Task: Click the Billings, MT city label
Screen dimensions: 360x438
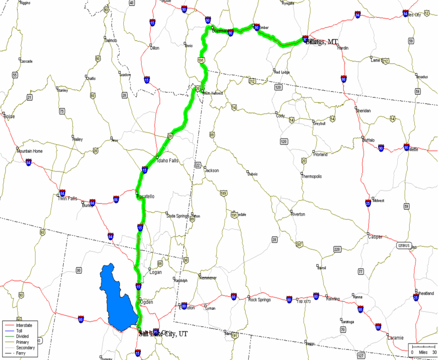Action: [322, 42]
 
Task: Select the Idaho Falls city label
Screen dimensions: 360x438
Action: [168, 161]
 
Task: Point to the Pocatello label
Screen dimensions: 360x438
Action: [146, 196]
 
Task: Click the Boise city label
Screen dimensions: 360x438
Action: [9, 116]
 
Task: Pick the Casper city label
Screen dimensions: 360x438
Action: [375, 237]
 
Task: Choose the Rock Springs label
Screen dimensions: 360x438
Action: [259, 300]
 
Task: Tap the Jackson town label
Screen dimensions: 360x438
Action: [212, 171]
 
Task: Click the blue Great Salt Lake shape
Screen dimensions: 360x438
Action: [118, 300]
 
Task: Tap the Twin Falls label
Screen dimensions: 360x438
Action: [67, 198]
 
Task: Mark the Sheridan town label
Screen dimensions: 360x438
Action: [363, 111]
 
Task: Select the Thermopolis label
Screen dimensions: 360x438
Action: [311, 176]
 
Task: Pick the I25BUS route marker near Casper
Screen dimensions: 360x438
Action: [403, 246]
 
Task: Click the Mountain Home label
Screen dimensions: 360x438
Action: [30, 151]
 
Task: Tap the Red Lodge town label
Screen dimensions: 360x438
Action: [282, 72]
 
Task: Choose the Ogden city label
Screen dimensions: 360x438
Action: [146, 302]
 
